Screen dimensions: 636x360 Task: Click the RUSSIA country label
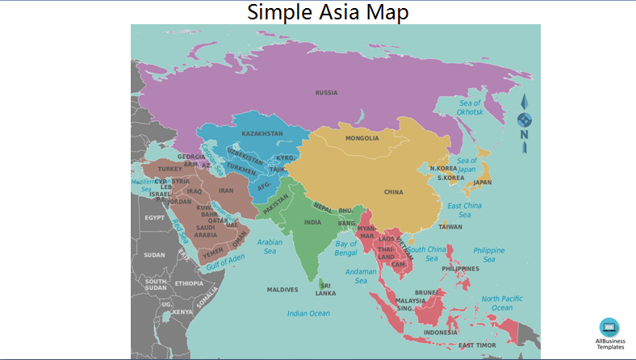[326, 93]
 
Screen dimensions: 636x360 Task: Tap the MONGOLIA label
[362, 138]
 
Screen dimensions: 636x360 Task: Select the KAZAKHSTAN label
[262, 133]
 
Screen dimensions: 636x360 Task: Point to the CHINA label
[393, 192]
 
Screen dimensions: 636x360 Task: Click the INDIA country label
[312, 222]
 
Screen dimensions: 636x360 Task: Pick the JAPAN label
[482, 182]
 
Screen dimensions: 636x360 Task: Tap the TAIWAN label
[450, 227]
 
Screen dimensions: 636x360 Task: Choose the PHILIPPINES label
[460, 269]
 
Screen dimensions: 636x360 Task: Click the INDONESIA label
[441, 333]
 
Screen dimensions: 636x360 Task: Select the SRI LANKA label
[326, 289]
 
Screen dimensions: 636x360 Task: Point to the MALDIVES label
[282, 289]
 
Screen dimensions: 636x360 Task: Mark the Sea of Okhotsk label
[470, 107]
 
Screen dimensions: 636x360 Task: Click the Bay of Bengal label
[345, 248]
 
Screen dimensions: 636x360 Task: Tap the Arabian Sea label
[270, 246]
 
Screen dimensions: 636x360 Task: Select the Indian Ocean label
[308, 313]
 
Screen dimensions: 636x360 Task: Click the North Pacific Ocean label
[502, 303]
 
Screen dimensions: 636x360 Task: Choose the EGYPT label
[154, 218]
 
